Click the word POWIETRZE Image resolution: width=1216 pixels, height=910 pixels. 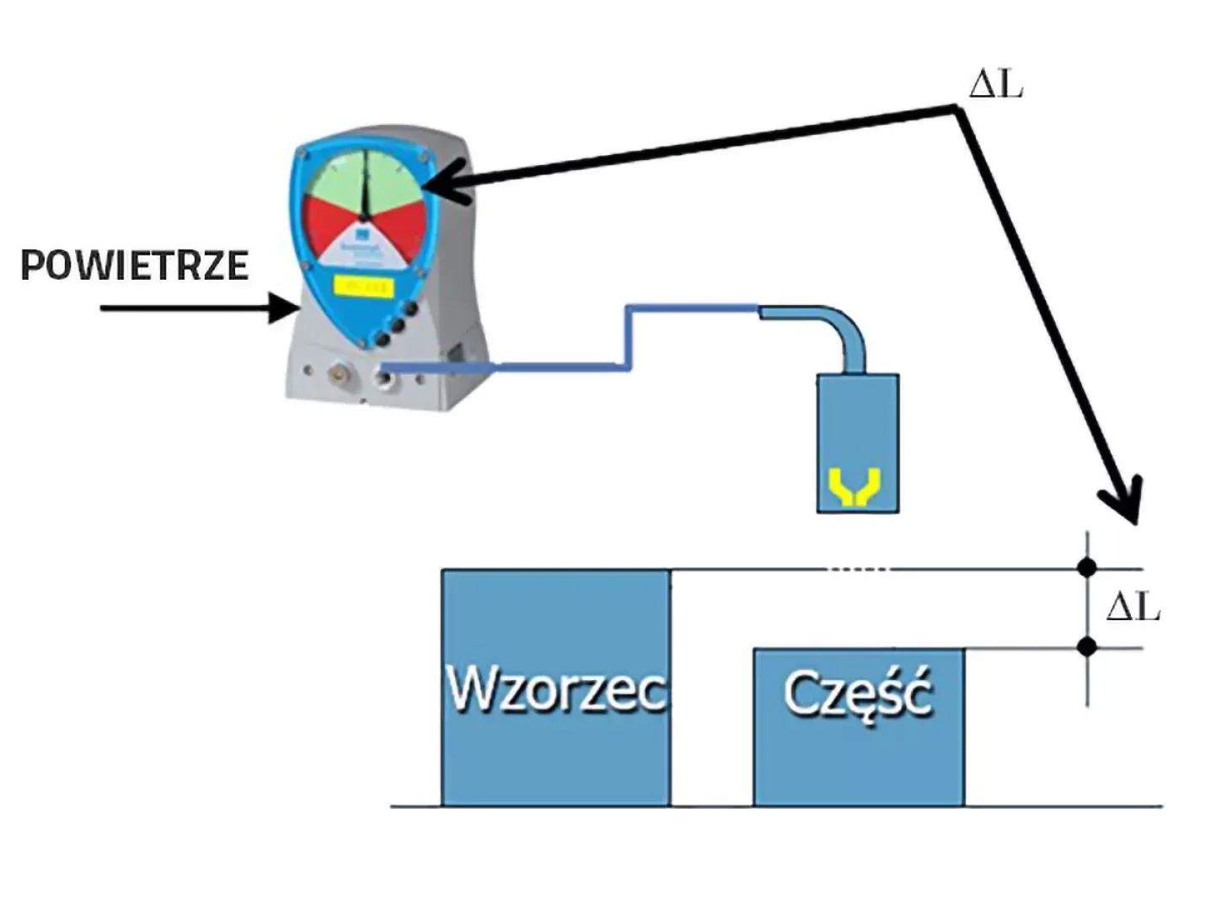(x=134, y=265)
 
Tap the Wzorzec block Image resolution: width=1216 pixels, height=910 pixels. (x=556, y=688)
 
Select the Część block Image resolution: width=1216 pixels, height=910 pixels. (x=858, y=725)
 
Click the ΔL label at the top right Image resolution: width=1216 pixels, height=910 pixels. (x=996, y=84)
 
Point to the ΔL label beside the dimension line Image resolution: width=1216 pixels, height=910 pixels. (x=1133, y=606)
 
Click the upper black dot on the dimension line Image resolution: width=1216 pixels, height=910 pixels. (x=1087, y=568)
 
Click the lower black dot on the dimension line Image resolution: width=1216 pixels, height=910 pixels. (x=1087, y=647)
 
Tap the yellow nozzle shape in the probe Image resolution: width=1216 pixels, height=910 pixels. (x=856, y=487)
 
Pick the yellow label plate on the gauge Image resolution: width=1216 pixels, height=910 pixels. (x=363, y=286)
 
